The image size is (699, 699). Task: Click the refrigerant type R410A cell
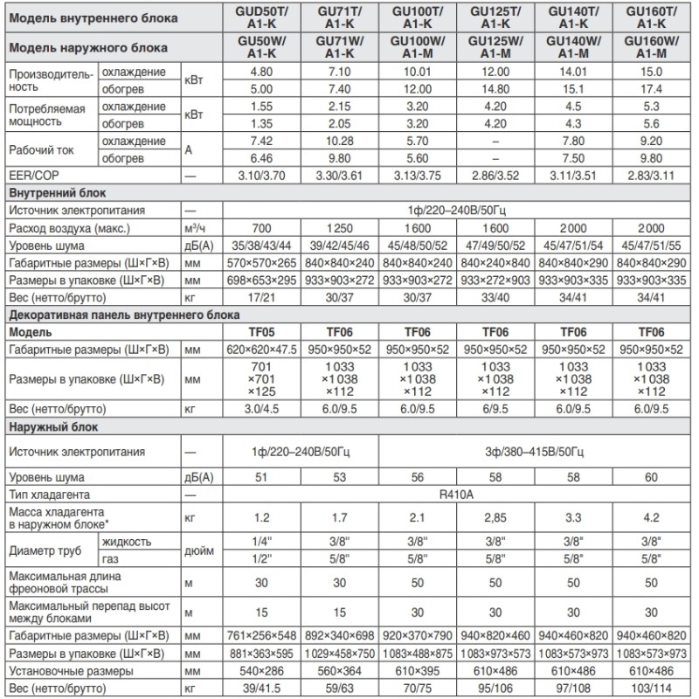(456, 495)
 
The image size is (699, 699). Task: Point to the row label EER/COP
(31, 176)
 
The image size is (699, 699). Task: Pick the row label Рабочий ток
(41, 149)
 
